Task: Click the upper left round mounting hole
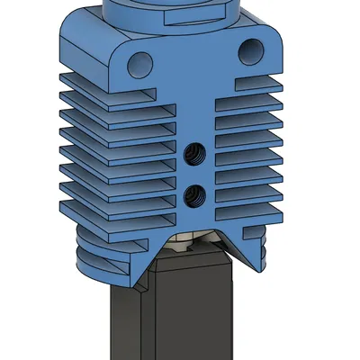pyautogui.click(x=139, y=62)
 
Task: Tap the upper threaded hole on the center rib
pyautogui.click(x=193, y=157)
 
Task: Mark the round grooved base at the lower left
pyautogui.click(x=103, y=256)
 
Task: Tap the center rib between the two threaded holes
pyautogui.click(x=193, y=175)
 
